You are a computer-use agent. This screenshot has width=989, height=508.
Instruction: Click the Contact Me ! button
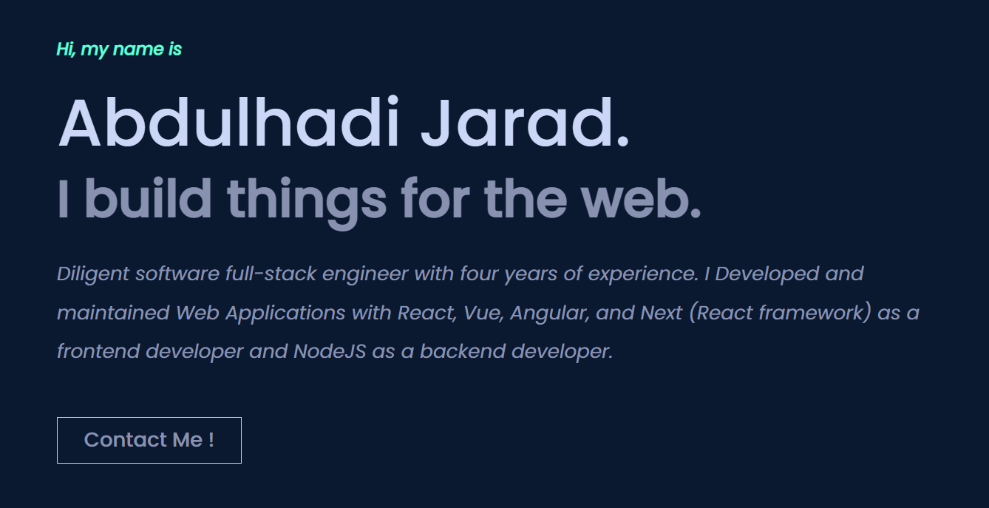(149, 440)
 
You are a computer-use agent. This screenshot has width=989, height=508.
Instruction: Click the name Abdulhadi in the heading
(228, 123)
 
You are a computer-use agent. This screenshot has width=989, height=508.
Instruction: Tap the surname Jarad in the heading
(525, 123)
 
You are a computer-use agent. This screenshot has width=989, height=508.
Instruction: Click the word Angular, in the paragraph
(549, 313)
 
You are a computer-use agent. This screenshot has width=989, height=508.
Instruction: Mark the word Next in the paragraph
(662, 313)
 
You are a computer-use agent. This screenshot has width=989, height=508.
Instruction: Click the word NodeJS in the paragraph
(330, 351)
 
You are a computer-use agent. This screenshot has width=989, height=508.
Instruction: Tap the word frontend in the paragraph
(98, 351)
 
